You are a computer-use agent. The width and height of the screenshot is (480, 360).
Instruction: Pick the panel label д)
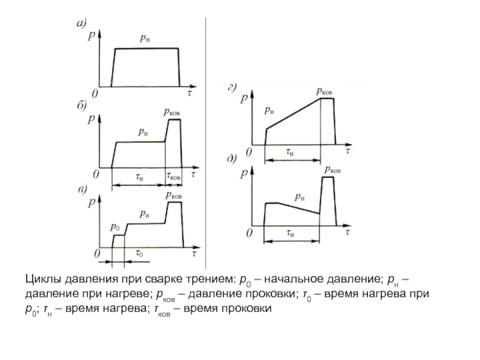(x=231, y=159)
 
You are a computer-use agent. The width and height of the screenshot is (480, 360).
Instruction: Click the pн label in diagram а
(x=145, y=38)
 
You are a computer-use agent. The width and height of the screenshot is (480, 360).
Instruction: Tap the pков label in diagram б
(x=172, y=111)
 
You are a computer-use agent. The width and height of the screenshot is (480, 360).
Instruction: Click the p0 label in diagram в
(x=115, y=227)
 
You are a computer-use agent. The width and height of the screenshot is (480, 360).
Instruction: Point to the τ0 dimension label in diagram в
(x=139, y=253)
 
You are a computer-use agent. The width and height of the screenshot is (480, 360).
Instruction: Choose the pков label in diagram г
(x=325, y=91)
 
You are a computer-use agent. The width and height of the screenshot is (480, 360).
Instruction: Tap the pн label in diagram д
(x=299, y=196)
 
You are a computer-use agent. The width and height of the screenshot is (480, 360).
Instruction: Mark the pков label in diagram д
(x=332, y=170)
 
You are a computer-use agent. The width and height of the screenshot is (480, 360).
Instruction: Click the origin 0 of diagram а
(x=94, y=93)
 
